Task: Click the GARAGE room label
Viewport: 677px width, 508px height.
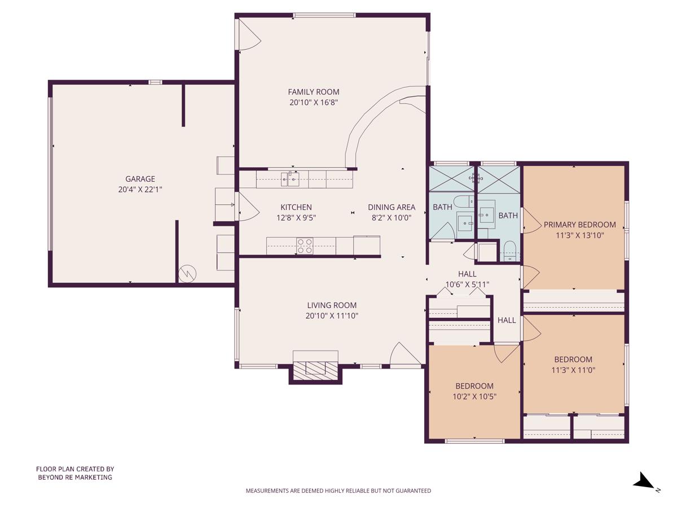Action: [140, 179]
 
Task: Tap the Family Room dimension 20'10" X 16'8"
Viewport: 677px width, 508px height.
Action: [314, 102]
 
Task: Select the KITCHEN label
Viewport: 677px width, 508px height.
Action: [296, 207]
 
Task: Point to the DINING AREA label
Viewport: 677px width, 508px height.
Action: [392, 207]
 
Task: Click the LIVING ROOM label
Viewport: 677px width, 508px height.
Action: [332, 305]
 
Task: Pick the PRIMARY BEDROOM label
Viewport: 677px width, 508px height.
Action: [579, 225]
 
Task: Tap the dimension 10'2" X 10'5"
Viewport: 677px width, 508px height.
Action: [474, 396]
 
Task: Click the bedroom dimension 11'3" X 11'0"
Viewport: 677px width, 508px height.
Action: [573, 370]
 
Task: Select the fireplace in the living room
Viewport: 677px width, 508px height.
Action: [315, 367]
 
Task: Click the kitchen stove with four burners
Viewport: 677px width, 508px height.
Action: [305, 246]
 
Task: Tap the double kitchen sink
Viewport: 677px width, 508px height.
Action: [290, 179]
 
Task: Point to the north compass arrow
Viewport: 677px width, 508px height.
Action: [644, 481]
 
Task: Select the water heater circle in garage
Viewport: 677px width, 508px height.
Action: [187, 274]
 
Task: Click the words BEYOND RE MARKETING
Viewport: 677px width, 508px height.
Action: [75, 477]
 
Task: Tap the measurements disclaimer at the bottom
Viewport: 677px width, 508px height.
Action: [338, 491]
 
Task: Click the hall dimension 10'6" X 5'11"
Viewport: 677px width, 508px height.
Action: [467, 284]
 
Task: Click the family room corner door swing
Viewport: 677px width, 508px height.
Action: [249, 34]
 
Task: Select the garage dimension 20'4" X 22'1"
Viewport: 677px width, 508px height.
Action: [140, 190]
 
